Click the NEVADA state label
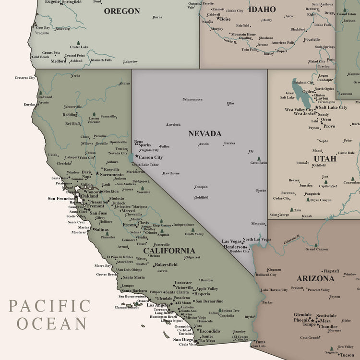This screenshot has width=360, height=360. pos(204,133)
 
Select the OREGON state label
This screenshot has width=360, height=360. pos(122,11)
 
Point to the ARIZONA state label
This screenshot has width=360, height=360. pos(315,278)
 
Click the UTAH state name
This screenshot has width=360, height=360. pos(325,158)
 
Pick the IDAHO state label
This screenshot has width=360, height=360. pos(263,9)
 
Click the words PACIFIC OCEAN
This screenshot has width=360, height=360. pos(49,314)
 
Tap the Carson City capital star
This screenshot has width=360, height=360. pos(136,156)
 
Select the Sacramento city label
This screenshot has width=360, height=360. pos(111,175)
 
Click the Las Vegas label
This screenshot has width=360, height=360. pos(232,241)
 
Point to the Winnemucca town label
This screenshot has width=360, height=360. pos(192,99)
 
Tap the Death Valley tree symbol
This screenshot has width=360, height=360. pos(189,229)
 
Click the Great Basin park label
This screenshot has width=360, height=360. pos(259,163)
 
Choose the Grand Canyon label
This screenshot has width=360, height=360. pos(316,249)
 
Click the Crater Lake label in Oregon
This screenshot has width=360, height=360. pos(79,47)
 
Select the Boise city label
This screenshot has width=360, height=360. pos(225,19)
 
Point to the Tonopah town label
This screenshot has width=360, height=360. pos(201,187)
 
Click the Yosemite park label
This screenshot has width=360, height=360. pos(143,192)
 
